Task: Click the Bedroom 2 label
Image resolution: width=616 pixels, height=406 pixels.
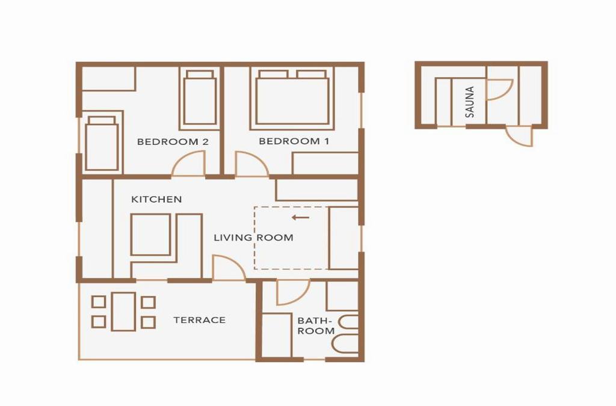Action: [173, 142]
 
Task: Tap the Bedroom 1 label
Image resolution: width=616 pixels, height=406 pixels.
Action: [294, 141]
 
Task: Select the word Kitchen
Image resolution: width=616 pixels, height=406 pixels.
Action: [156, 199]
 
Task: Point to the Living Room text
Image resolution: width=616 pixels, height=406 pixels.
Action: [253, 238]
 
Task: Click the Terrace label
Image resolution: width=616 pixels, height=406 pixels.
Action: [200, 320]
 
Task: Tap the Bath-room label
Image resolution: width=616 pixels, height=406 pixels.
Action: [316, 326]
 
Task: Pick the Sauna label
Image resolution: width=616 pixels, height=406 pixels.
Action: [469, 102]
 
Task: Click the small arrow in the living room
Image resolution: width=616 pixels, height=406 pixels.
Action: [301, 217]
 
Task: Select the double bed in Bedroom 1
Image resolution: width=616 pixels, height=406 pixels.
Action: [292, 99]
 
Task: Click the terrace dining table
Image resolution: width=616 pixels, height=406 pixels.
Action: [123, 312]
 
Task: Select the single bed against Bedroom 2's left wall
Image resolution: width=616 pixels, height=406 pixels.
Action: [102, 143]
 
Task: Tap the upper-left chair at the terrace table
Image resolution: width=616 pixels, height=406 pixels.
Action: [99, 302]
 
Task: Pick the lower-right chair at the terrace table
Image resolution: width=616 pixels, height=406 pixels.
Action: [148, 322]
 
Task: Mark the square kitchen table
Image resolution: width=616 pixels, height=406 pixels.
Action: [150, 235]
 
